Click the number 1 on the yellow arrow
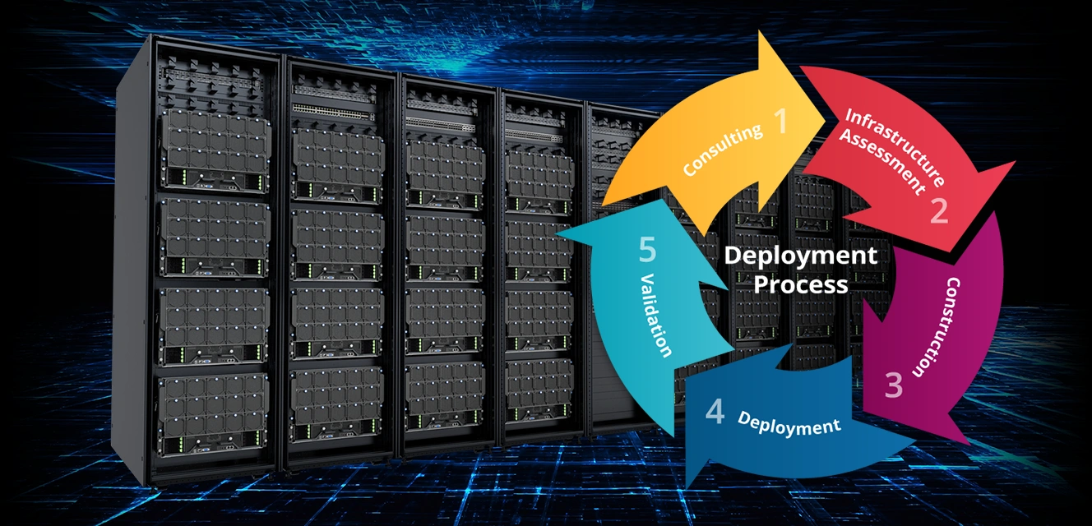point(780,122)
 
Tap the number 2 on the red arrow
point(939,210)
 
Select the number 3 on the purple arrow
point(894,384)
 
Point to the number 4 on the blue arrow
point(715,412)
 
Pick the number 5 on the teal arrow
point(647,249)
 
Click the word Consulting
point(722,151)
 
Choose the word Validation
point(656,316)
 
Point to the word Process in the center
point(800,284)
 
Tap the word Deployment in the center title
point(800,256)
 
